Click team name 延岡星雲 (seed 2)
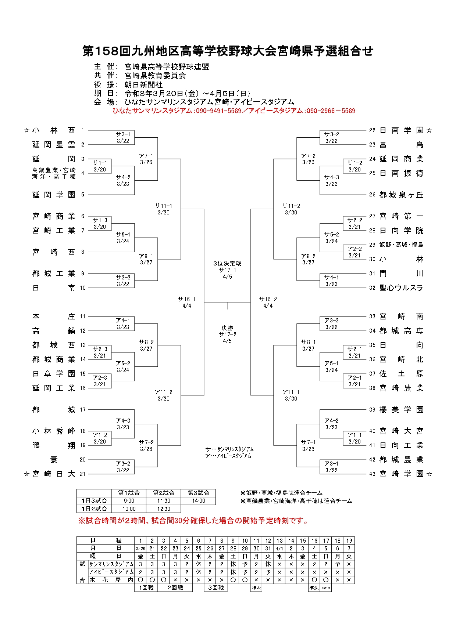[x=54, y=145]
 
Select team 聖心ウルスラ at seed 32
[x=401, y=288]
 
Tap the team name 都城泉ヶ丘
[x=401, y=195]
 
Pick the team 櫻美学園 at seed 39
[x=401, y=410]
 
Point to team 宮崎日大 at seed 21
[x=54, y=474]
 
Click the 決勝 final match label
[x=227, y=328]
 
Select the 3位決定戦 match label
[x=227, y=263]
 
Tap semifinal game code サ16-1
[x=187, y=299]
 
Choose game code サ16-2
[x=268, y=299]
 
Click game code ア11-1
[x=291, y=392]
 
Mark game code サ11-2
[x=291, y=206]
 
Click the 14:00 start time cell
[x=199, y=501]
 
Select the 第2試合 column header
[x=164, y=493]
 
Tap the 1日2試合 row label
[x=94, y=509]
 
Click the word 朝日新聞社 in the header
[x=144, y=84]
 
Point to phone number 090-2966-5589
[x=331, y=111]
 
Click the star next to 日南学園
[x=429, y=130]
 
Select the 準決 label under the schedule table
[x=314, y=588]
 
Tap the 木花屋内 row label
[x=111, y=580]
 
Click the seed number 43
[x=372, y=474]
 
